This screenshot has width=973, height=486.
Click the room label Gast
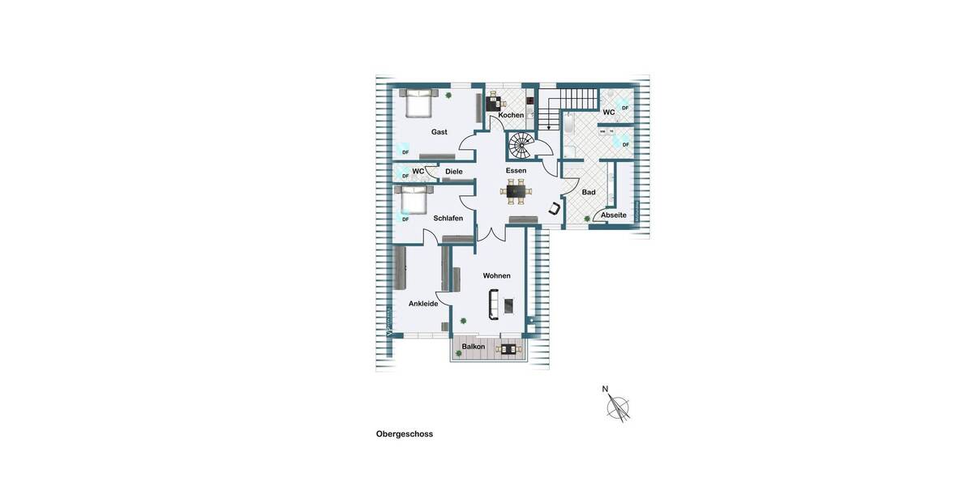coord(439,132)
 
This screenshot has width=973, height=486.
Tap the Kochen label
coord(511,115)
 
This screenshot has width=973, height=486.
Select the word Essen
coord(516,170)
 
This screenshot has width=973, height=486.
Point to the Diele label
coord(454,172)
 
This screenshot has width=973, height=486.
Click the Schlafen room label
coord(448,219)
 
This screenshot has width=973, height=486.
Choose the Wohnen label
coord(496,275)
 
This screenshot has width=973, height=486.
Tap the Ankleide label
coord(423,304)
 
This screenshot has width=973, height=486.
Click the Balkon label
coord(474,347)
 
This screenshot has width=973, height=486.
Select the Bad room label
coord(589,192)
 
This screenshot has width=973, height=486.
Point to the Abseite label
coord(614,215)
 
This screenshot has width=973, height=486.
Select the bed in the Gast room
coord(418,104)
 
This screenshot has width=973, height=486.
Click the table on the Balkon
coord(508,349)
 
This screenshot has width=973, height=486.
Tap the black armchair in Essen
coord(555,208)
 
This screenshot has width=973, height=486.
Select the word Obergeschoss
coord(405,434)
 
